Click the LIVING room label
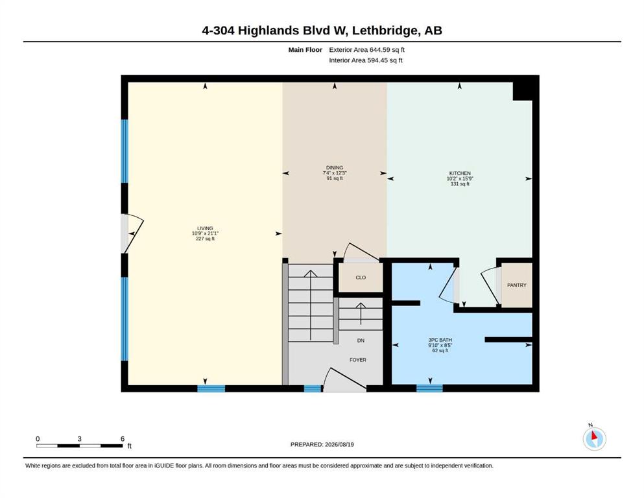click(x=205, y=228)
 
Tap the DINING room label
click(x=334, y=167)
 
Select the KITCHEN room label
click(x=460, y=173)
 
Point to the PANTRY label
click(x=517, y=285)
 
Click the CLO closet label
click(x=361, y=278)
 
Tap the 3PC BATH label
click(x=440, y=340)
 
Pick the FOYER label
click(x=358, y=360)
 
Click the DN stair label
click(x=361, y=340)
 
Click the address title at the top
click(x=322, y=30)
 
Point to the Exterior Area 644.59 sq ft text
click(x=367, y=50)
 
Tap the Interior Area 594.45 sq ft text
click(x=366, y=60)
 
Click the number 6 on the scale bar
click(x=123, y=439)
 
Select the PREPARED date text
click(x=322, y=444)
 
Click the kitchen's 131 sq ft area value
click(x=460, y=184)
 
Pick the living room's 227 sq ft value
click(x=205, y=239)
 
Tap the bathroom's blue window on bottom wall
click(x=429, y=388)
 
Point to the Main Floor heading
click(x=305, y=50)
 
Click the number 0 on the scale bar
click(x=38, y=439)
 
